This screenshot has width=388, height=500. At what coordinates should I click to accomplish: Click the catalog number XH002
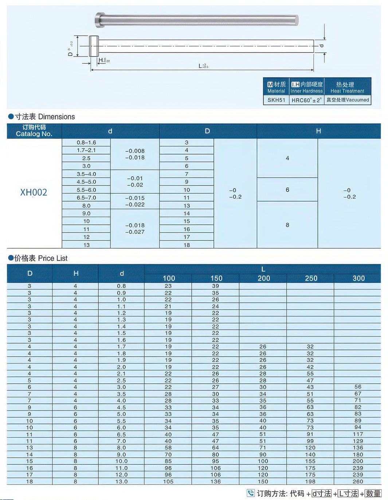pos(34,192)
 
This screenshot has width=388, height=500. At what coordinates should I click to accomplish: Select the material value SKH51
pos(276,100)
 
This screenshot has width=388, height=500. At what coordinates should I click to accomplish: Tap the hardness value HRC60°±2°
pos(306,100)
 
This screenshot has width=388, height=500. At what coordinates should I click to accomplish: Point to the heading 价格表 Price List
pos(38,258)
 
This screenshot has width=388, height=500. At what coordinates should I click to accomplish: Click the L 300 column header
pos(358,278)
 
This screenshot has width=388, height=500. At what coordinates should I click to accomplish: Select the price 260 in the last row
pos(358,482)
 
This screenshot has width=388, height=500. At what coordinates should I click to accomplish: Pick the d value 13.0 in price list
pos(122,482)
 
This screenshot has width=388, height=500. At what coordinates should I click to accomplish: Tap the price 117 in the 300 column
pos(358,434)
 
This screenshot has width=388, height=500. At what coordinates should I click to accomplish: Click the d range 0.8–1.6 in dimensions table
pos(86,143)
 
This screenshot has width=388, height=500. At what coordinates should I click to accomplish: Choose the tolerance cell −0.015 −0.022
pos(135,201)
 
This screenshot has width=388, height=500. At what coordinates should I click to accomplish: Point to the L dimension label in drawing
pos(203,66)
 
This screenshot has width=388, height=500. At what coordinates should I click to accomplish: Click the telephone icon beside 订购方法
pos(251,493)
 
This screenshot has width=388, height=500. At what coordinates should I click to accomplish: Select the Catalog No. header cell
pos(34,131)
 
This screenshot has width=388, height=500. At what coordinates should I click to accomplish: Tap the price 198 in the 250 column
pos(310,482)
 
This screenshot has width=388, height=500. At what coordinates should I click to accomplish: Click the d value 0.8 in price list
pos(122,286)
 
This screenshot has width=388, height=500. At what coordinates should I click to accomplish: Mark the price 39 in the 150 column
pos(216,286)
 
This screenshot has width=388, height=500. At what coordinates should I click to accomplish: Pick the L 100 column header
pos(169,278)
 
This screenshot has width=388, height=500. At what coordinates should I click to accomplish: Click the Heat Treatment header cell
pos(347,88)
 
